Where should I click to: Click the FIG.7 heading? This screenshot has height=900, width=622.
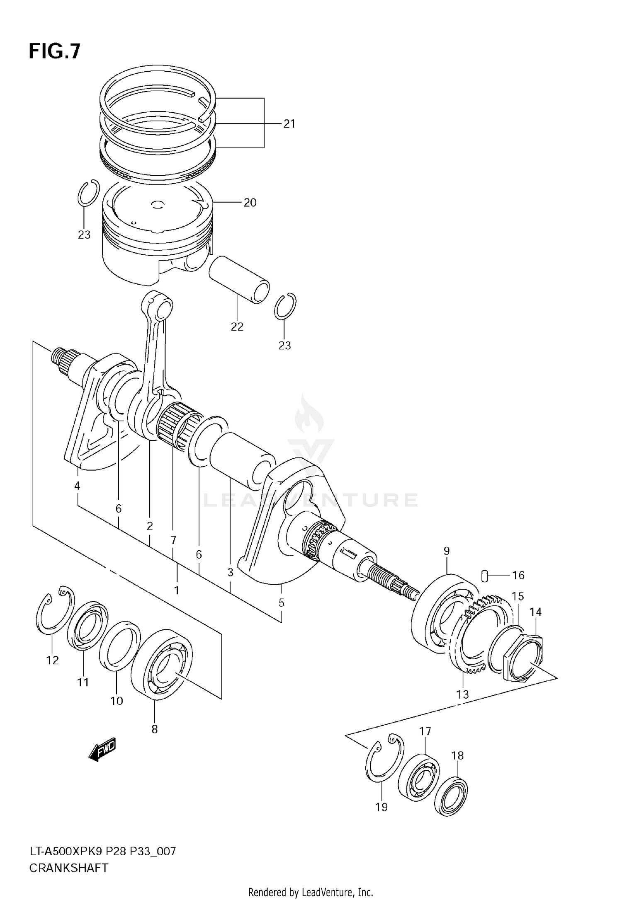pyautogui.click(x=54, y=51)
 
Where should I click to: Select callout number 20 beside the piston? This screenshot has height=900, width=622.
pyautogui.click(x=250, y=202)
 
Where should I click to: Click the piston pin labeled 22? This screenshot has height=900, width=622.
pyautogui.click(x=239, y=280)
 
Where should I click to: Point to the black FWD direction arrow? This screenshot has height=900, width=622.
pyautogui.click(x=102, y=761)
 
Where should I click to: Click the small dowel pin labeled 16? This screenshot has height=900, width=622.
pyautogui.click(x=484, y=575)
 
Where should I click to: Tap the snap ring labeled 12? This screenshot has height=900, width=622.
pyautogui.click(x=54, y=611)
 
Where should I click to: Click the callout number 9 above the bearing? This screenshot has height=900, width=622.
pyautogui.click(x=446, y=551)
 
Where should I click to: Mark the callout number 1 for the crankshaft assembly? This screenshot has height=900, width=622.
pyautogui.click(x=176, y=590)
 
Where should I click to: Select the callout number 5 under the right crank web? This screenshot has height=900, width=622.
pyautogui.click(x=281, y=602)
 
